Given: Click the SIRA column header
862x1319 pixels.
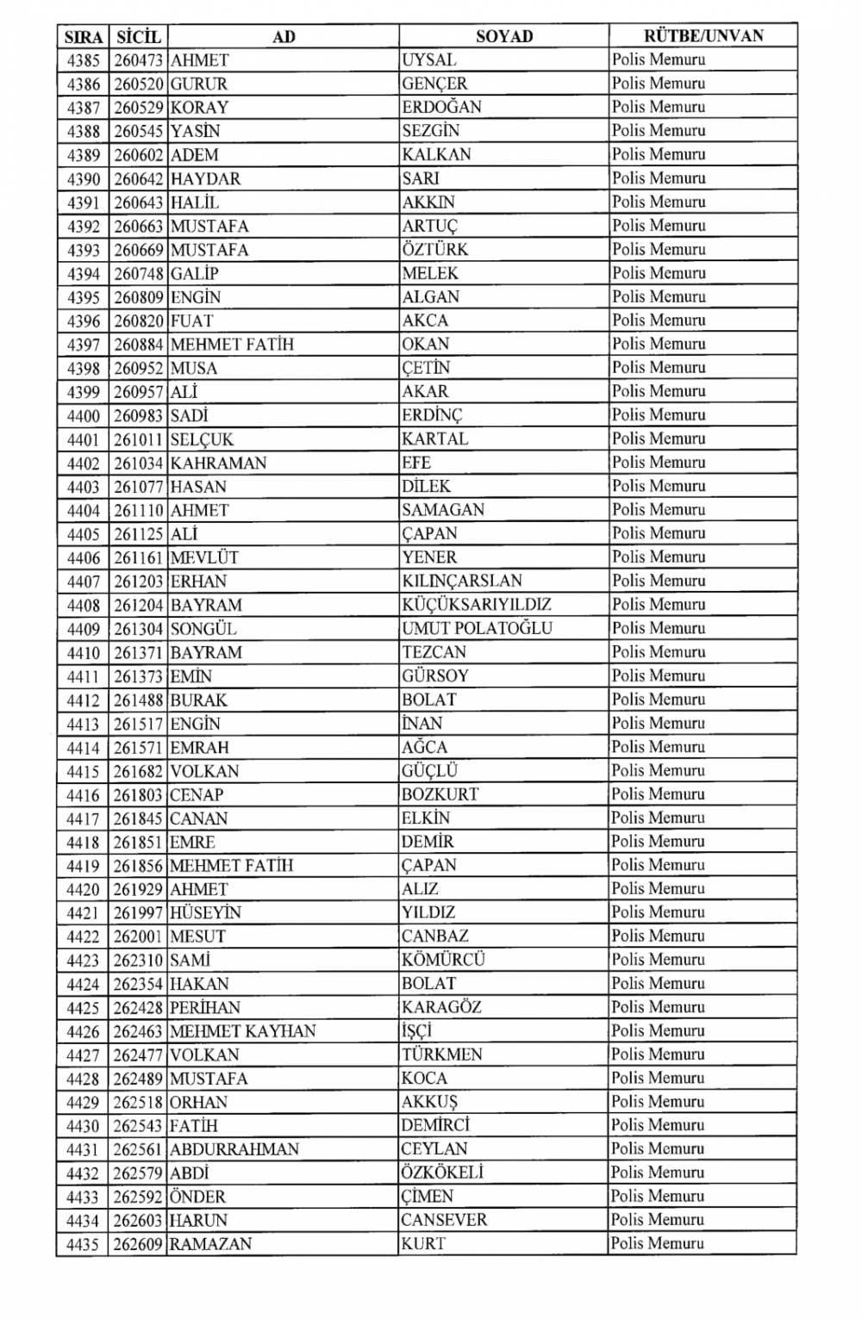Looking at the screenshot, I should click(x=84, y=36).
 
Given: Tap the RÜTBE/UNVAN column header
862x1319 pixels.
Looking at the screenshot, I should click(x=703, y=36).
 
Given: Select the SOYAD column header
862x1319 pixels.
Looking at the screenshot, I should click(x=504, y=36).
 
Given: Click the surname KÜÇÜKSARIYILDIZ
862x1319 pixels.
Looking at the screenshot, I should click(x=477, y=605).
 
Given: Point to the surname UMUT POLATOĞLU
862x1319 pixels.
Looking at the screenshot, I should click(x=477, y=628).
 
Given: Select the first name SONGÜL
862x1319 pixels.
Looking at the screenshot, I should click(x=203, y=629).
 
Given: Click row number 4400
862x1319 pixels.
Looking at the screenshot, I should click(x=84, y=415).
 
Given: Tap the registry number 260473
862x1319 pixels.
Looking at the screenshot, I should click(x=138, y=60).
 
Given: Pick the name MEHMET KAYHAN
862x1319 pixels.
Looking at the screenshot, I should click(x=243, y=1031).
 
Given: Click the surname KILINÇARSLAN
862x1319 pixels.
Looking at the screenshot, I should click(x=462, y=581).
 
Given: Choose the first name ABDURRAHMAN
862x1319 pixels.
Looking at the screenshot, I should click(x=234, y=1149).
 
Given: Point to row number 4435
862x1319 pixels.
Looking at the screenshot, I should click(x=84, y=1244).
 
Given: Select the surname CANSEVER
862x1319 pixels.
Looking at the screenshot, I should click(x=444, y=1220).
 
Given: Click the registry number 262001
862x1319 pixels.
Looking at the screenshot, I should click(x=138, y=936).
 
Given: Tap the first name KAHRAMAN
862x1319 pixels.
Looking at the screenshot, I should click(x=219, y=463).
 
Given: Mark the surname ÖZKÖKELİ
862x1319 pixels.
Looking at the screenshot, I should click(x=442, y=1173).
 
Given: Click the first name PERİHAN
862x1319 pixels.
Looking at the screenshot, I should click(x=205, y=1007).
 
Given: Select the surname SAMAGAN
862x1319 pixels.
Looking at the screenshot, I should click(x=443, y=510).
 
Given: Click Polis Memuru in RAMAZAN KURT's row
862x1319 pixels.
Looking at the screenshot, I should click(x=658, y=1243).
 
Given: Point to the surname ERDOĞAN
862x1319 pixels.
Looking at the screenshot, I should click(x=441, y=108).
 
